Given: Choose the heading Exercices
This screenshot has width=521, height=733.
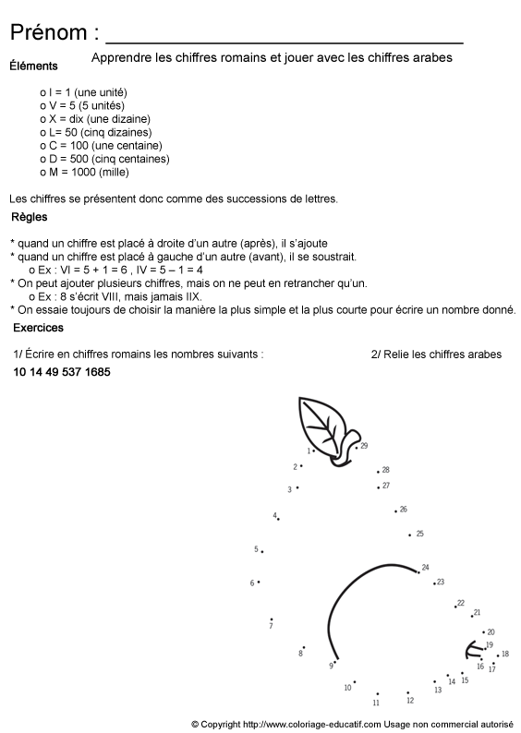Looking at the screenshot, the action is (x=38, y=328).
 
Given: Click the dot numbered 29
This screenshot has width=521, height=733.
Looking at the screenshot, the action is (x=356, y=448).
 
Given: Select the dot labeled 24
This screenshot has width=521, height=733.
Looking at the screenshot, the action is (x=418, y=572).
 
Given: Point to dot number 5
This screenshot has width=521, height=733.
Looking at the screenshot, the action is (x=261, y=552).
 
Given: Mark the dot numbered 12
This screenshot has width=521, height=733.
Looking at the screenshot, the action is (x=407, y=692).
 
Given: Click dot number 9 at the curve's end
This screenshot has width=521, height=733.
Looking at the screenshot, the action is (x=335, y=662).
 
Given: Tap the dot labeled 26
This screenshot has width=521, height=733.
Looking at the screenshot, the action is (x=395, y=511).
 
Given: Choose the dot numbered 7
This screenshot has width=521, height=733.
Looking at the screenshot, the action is (x=271, y=619).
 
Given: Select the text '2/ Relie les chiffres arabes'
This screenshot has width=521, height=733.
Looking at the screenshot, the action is (x=436, y=354).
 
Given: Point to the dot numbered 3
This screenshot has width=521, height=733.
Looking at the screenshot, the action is (x=297, y=487).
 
